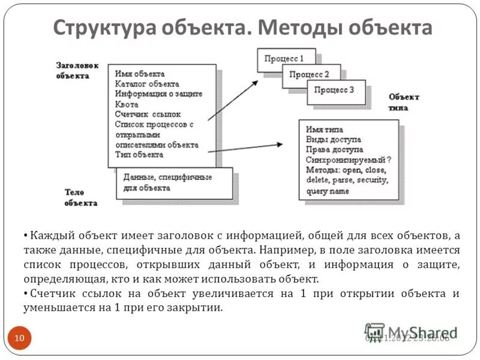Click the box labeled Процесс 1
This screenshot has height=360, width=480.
286,59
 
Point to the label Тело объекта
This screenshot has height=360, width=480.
80,197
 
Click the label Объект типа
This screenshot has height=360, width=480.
404,102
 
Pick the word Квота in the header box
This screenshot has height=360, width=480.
127,104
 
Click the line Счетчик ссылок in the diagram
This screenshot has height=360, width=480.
148,114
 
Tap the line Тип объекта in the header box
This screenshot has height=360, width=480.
139,155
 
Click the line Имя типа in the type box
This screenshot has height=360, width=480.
325,129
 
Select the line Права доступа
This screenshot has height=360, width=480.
334,149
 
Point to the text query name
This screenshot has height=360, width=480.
327,191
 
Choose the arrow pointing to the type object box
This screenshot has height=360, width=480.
246,148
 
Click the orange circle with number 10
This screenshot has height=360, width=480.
20,338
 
